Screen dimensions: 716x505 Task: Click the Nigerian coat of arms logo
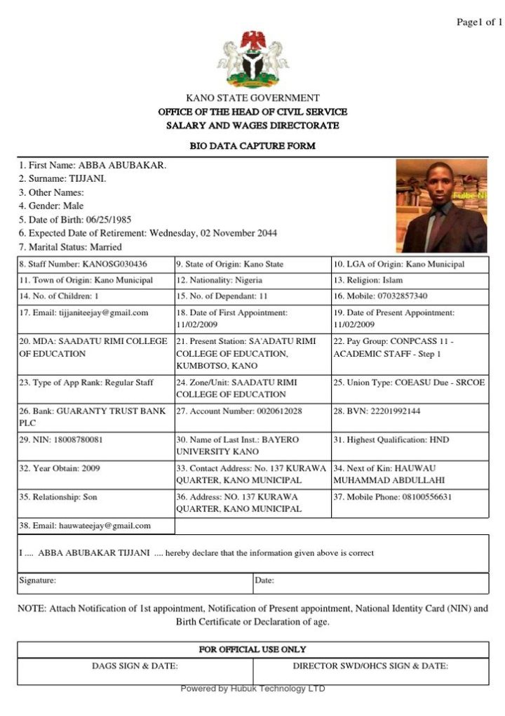(252, 58)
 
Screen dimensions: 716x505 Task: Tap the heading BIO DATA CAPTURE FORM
(252, 146)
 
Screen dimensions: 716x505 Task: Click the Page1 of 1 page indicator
(479, 22)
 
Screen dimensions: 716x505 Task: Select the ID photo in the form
(441, 205)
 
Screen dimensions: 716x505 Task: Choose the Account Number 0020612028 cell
(239, 411)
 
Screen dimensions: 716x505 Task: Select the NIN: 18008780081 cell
(61, 440)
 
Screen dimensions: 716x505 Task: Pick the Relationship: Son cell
(58, 497)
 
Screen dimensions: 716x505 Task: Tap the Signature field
(133, 581)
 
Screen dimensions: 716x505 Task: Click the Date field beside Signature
(370, 581)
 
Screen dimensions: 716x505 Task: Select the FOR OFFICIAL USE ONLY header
(252, 649)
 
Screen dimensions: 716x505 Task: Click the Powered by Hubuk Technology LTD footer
(252, 689)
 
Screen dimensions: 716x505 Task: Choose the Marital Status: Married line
(70, 247)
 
